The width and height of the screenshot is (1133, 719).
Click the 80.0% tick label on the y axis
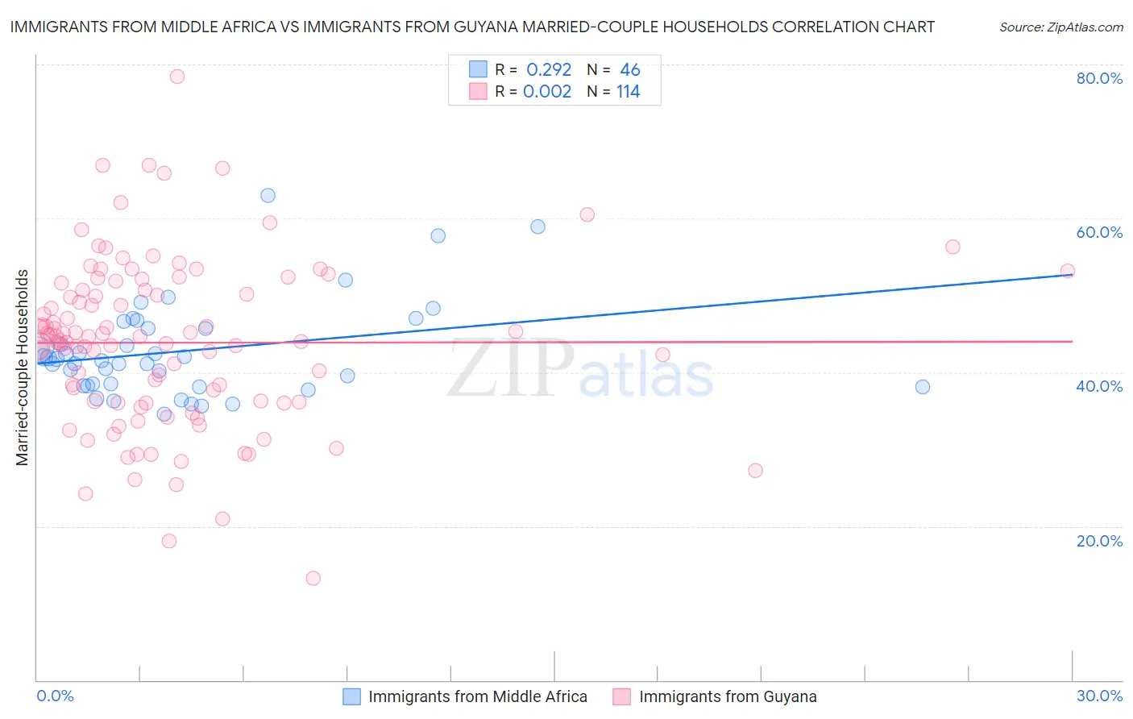(1099, 78)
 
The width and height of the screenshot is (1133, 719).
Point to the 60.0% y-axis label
(1099, 232)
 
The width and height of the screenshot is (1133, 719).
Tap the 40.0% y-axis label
(1099, 386)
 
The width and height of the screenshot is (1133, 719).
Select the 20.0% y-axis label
(1099, 541)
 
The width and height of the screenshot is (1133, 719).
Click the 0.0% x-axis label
(55, 696)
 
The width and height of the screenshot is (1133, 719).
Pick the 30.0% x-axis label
(1099, 696)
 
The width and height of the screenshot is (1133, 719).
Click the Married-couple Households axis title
(23, 368)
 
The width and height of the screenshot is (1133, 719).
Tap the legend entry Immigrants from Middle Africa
(477, 696)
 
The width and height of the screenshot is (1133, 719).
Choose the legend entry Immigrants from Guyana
(727, 696)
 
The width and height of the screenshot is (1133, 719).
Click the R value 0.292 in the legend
(549, 70)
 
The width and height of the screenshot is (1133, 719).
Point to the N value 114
(629, 92)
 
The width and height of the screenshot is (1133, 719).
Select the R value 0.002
(547, 92)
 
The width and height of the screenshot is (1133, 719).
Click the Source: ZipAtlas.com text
(1060, 27)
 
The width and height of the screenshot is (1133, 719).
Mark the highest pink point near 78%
(177, 77)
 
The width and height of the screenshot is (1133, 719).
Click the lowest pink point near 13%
(313, 578)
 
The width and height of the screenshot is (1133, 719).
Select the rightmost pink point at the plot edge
(1068, 271)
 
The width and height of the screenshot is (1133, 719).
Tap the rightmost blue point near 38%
(923, 387)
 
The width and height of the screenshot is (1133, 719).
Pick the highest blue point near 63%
(268, 195)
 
